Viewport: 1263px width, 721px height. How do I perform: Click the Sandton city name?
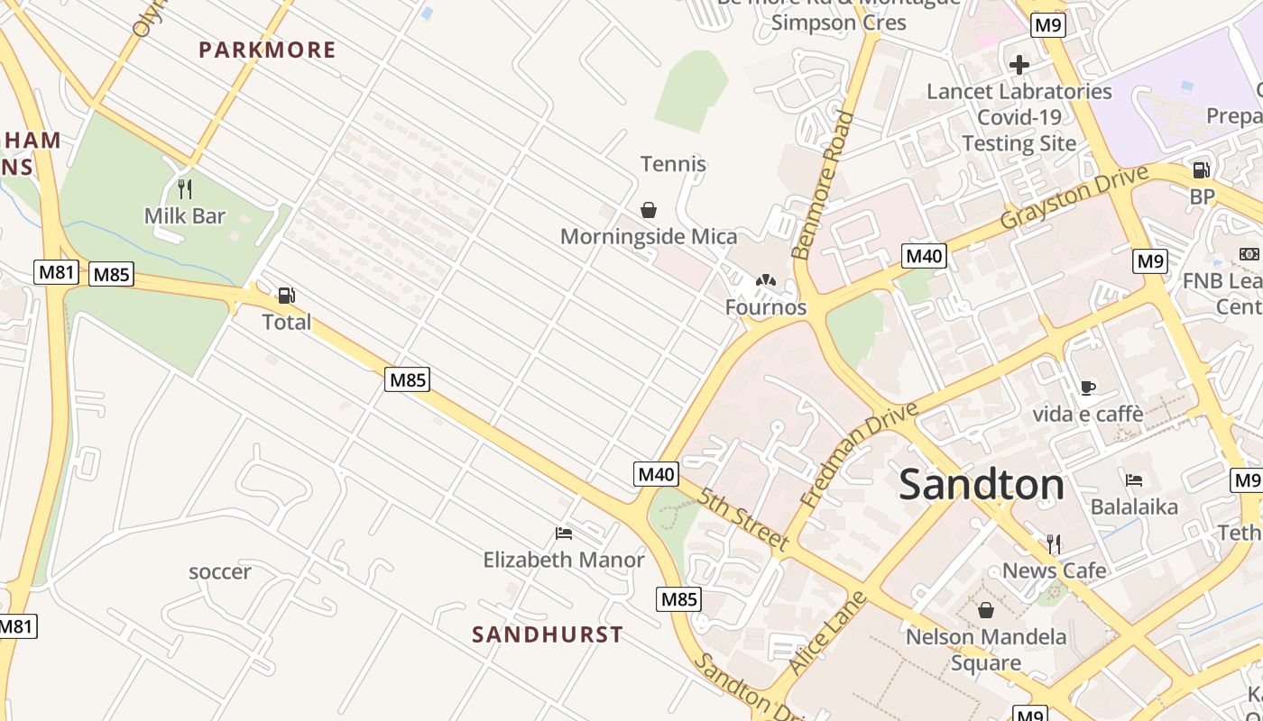pyautogui.click(x=982, y=485)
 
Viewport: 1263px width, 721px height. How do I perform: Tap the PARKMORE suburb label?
pyautogui.click(x=267, y=50)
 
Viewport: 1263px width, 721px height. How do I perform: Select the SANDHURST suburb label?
pyautogui.click(x=548, y=634)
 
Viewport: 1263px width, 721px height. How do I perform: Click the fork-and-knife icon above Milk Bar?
pyautogui.click(x=185, y=189)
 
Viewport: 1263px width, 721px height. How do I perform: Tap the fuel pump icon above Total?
pyautogui.click(x=287, y=296)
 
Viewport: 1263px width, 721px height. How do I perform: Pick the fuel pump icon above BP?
pyautogui.click(x=1202, y=169)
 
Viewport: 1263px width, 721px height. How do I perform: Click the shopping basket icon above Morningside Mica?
pyautogui.click(x=648, y=211)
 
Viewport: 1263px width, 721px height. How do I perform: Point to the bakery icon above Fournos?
pyautogui.click(x=766, y=282)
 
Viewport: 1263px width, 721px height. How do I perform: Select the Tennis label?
pyautogui.click(x=673, y=164)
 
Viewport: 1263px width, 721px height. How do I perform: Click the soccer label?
pyautogui.click(x=220, y=571)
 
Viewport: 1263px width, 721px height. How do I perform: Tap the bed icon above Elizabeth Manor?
pyautogui.click(x=565, y=534)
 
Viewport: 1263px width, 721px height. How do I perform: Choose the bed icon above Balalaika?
pyautogui.click(x=1134, y=480)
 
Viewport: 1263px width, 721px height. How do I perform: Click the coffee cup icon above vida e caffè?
pyautogui.click(x=1088, y=388)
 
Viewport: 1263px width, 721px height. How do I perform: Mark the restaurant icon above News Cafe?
pyautogui.click(x=1054, y=543)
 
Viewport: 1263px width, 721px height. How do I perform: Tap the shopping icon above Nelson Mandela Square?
pyautogui.click(x=986, y=610)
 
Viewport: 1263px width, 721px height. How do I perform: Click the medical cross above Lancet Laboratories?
pyautogui.click(x=1019, y=65)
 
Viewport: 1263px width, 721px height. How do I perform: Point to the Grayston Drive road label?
pyautogui.click(x=1074, y=196)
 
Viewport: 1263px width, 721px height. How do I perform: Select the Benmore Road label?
pyautogui.click(x=822, y=185)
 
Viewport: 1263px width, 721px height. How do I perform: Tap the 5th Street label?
pyautogui.click(x=743, y=519)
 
